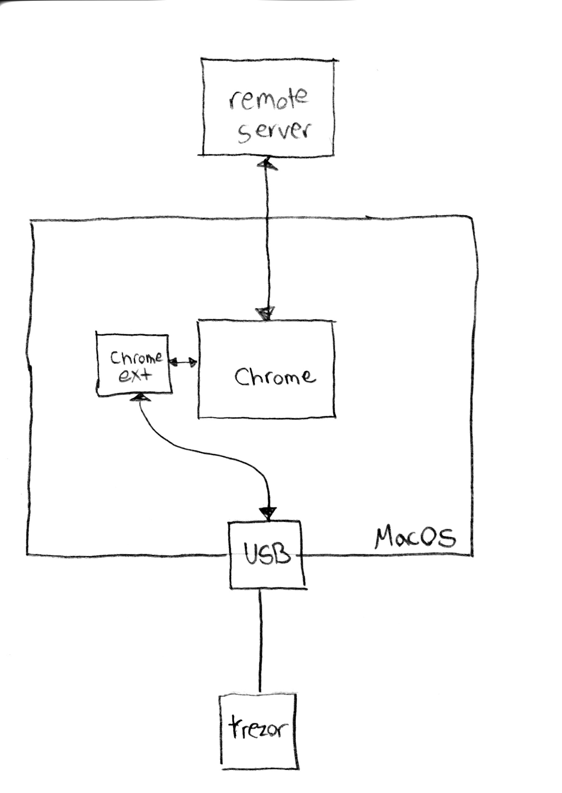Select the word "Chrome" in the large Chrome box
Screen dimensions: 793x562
coord(275,376)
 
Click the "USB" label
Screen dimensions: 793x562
coord(266,553)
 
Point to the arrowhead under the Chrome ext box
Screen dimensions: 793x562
coord(140,397)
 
